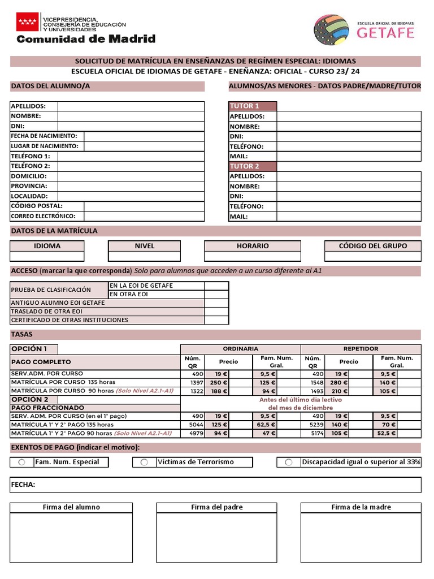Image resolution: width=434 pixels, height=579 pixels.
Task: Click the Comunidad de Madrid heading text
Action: point(86,39)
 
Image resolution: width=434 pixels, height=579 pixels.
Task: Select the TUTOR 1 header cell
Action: point(253,106)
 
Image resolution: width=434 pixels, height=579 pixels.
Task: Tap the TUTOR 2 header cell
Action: point(253,166)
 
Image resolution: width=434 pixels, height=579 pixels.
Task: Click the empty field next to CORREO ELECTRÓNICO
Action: point(144,216)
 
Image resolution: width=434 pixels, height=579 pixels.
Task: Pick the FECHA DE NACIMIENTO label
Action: point(47,136)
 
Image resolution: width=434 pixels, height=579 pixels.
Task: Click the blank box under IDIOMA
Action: point(47,256)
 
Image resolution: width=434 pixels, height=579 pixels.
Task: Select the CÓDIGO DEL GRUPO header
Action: point(372,246)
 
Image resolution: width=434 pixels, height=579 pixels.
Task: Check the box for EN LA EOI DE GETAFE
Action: point(216,286)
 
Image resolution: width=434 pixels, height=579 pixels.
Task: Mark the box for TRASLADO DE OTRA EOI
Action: point(216,312)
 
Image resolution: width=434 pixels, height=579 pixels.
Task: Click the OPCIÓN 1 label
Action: point(34,349)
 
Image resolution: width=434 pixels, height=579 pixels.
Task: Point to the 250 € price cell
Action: point(219,383)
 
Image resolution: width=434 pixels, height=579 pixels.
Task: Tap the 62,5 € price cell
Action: point(264,425)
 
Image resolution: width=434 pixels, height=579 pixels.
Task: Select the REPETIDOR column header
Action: point(361,349)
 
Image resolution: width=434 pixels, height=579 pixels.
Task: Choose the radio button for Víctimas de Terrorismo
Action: point(144,463)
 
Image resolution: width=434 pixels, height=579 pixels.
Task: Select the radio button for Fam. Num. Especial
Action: point(21,463)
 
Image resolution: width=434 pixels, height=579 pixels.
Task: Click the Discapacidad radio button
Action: point(289,463)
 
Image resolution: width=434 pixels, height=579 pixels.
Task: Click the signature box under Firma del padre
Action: point(216,537)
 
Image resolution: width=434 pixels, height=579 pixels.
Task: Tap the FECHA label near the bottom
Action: point(23,485)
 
